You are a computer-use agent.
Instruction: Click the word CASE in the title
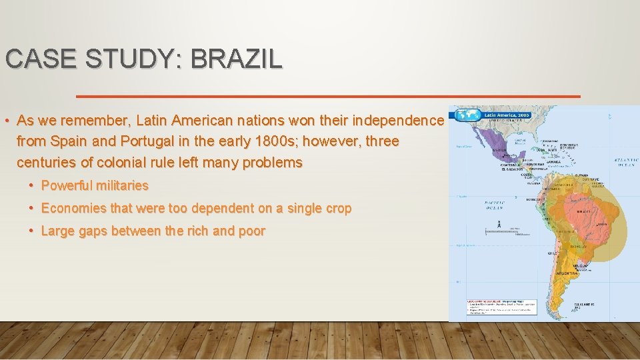tap(34, 59)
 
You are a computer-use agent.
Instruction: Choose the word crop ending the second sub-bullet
tap(337, 208)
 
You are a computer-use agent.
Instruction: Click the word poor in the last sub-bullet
tap(251, 231)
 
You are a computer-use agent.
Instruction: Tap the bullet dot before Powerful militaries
tap(32, 185)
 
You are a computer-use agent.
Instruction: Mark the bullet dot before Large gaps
tap(32, 231)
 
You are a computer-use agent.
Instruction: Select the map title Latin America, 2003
tap(506, 115)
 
